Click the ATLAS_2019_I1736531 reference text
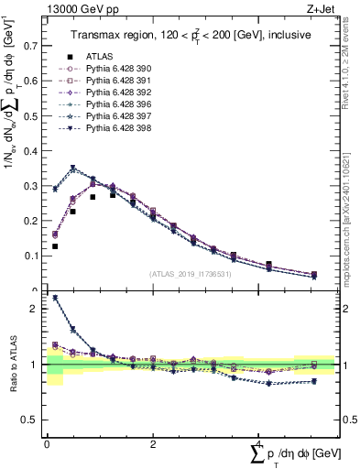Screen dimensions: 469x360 190,274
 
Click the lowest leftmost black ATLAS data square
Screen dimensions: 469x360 55,246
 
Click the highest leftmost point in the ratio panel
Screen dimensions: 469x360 55,298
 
